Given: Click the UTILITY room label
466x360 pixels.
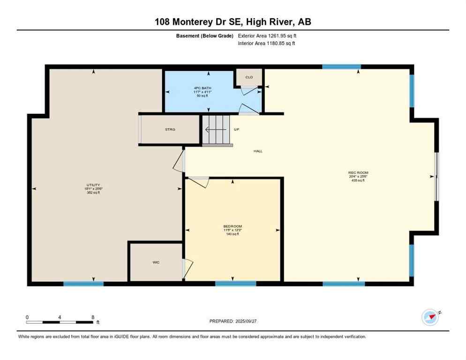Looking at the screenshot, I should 93,185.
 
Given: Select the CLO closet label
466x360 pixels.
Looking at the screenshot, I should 249,77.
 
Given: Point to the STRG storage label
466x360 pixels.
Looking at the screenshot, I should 170,129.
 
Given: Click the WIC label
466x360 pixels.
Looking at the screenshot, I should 156,262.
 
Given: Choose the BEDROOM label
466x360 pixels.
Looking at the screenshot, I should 232,226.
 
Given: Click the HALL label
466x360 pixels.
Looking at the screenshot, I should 258,151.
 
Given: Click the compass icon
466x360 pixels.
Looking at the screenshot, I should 430,317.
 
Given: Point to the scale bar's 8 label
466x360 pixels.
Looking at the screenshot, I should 93,317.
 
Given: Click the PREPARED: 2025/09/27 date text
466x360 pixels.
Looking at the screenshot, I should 233,321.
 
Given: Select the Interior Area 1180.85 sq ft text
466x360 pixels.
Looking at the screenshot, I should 266,44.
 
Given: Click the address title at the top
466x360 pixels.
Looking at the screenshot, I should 233,22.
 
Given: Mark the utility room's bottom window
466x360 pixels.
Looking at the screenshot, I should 83,284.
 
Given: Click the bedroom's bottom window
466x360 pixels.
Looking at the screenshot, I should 236,284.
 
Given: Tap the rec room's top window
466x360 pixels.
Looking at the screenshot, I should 341,67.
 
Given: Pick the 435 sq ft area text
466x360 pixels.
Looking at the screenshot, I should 358,180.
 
